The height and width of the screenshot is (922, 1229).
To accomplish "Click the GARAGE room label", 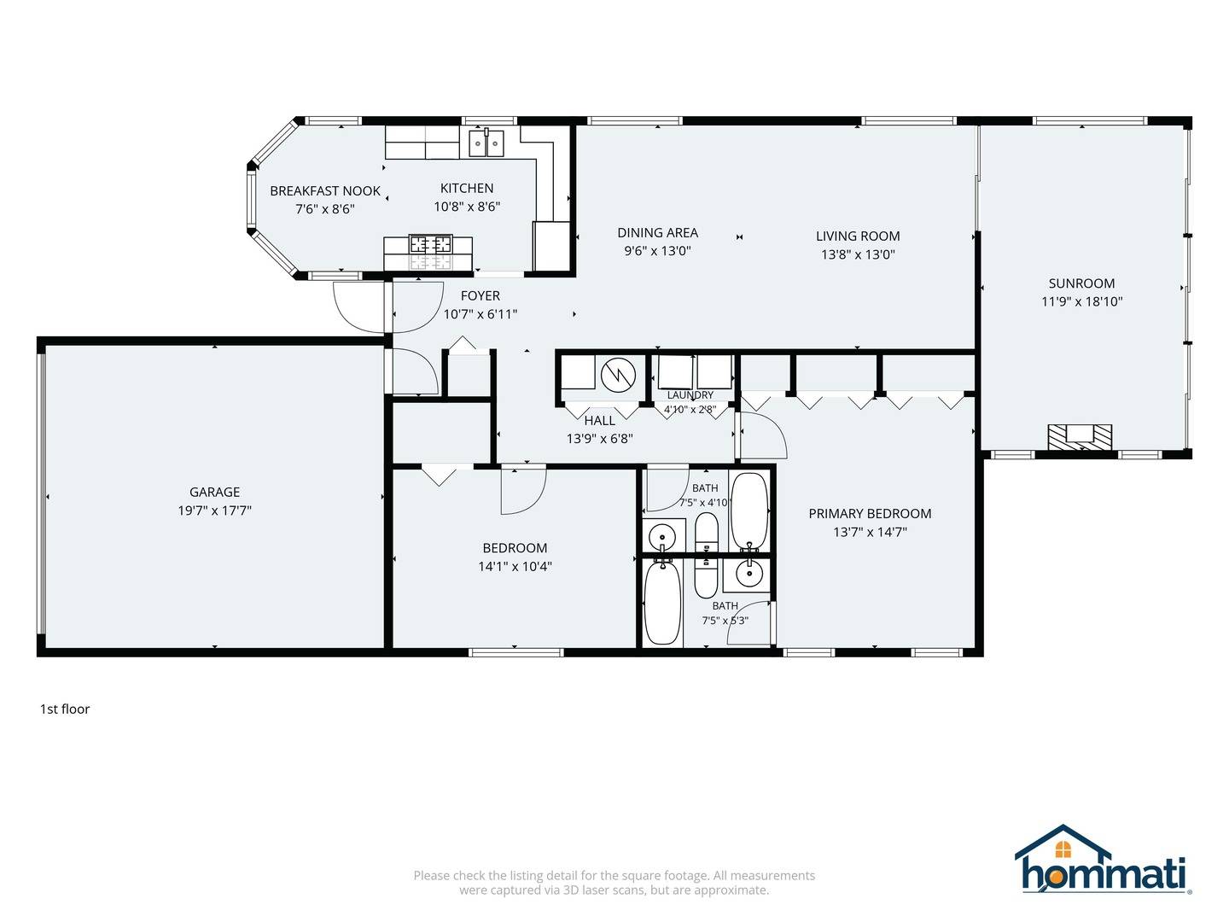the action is tap(214, 492).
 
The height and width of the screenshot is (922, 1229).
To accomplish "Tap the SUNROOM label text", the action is tap(1081, 283).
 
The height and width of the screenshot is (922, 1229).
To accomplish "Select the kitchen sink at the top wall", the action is tap(486, 143).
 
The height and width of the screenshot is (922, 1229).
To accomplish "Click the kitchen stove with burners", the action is tap(430, 244).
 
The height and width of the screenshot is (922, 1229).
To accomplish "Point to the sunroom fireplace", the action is tap(1080, 437).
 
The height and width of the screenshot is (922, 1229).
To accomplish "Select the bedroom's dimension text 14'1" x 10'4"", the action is tap(515, 567).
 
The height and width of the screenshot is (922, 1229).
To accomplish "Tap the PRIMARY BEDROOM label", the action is tap(870, 513).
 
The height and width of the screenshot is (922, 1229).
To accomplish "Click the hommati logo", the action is tap(1103, 860).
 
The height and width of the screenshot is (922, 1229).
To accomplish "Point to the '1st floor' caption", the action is tap(65, 709).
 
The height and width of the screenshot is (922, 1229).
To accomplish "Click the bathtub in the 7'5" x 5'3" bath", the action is tap(663, 603).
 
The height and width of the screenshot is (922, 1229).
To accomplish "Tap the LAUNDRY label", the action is tap(690, 394).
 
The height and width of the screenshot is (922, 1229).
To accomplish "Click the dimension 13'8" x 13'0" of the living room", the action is tap(858, 254).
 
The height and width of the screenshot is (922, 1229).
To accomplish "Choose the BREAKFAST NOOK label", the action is tap(325, 191).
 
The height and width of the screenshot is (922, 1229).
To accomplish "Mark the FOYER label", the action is tap(480, 295).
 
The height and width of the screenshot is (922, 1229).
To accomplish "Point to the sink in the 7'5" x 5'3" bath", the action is tap(747, 572).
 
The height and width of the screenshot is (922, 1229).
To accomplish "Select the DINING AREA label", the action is tap(657, 232).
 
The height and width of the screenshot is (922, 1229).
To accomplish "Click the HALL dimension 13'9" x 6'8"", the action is tap(600, 438).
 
